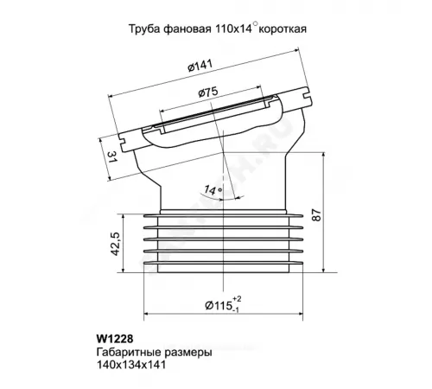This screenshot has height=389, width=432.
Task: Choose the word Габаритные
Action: [x=122, y=354]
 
